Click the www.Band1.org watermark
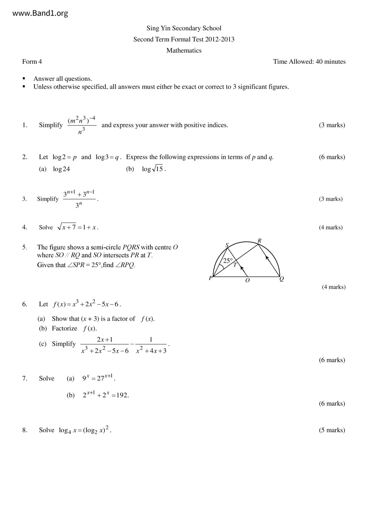[x=40, y=13]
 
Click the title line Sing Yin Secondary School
[x=184, y=28]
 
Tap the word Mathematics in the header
[x=184, y=50]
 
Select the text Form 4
[x=32, y=62]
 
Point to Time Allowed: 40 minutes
[x=309, y=62]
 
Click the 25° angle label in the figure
[x=228, y=261]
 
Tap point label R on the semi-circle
[x=259, y=241]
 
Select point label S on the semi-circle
[x=227, y=245]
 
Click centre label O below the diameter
[x=248, y=280]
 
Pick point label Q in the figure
[x=282, y=279]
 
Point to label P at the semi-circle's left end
[x=210, y=278]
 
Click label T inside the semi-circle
[x=235, y=265]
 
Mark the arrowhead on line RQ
[x=267, y=258]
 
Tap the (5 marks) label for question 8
[x=332, y=430]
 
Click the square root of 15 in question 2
[x=158, y=169]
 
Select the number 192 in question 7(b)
[x=122, y=395]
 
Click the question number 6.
[x=25, y=304]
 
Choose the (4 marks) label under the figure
[x=334, y=287]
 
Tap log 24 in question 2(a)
[x=61, y=169]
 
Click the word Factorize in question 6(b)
[x=64, y=328]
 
